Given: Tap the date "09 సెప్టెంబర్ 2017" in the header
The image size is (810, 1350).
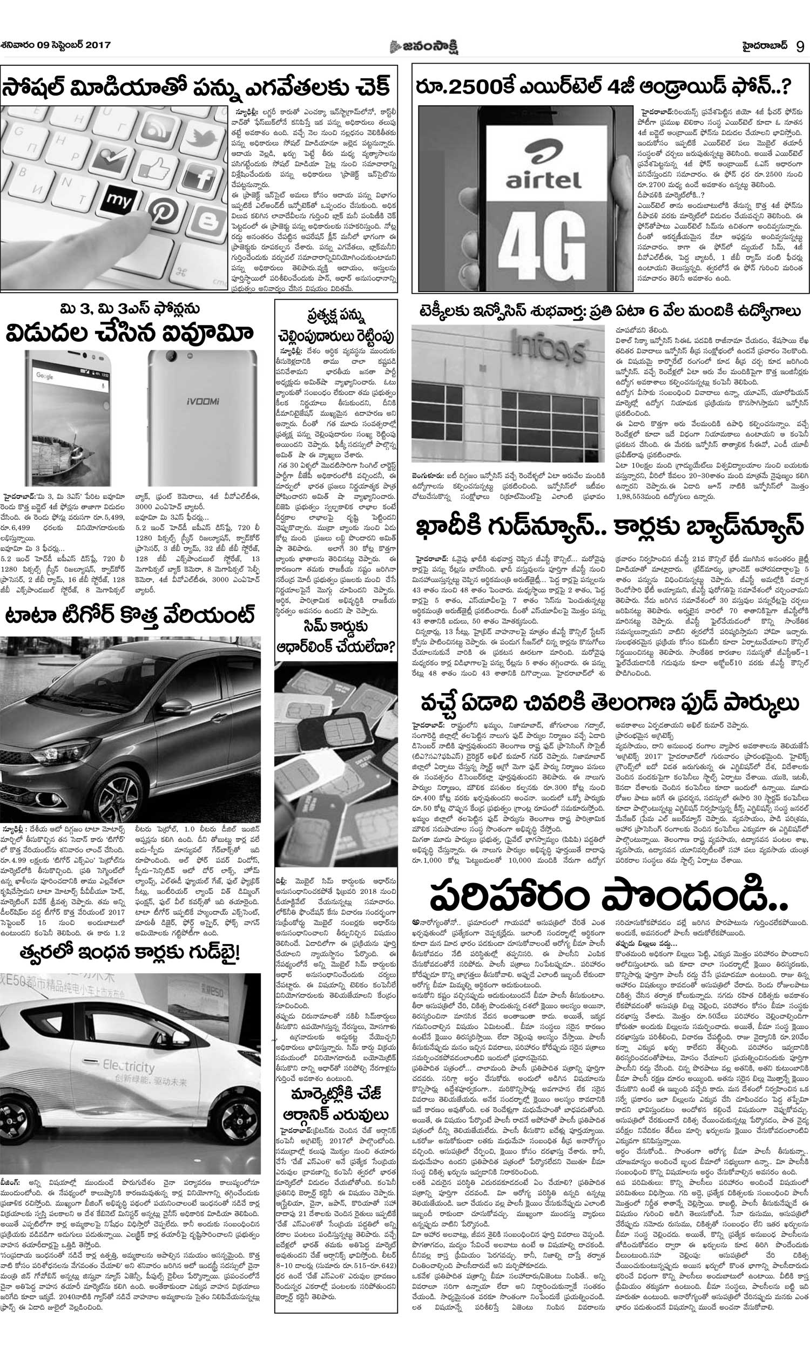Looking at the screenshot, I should point(73,45).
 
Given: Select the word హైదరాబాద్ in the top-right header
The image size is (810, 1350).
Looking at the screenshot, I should point(765,45).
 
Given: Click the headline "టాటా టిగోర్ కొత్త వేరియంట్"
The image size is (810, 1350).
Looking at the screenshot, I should point(130,616).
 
